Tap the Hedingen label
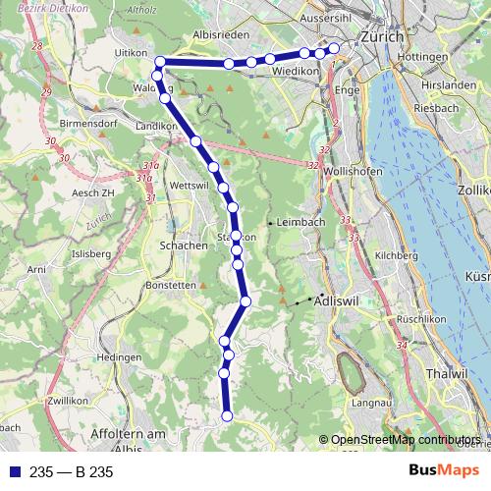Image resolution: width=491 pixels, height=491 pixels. pos(121,357)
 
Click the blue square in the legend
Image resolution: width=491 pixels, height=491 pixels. pos(15,472)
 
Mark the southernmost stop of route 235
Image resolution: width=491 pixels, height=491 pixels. pos(227,416)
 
